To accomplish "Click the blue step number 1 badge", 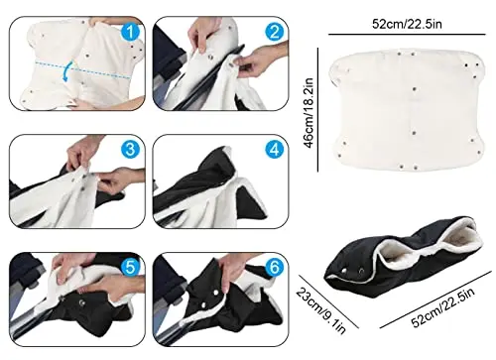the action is [131, 33].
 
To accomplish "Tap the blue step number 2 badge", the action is [275, 32].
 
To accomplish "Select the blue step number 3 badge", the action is [131, 149].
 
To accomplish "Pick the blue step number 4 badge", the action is [275, 150].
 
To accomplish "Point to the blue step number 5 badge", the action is [131, 267].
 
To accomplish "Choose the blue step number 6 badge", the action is [275, 267].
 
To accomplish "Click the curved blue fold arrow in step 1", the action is [66, 71].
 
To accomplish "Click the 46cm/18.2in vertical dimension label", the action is [309, 113].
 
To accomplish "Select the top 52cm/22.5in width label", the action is [407, 24].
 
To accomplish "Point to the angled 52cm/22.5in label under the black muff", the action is [443, 306].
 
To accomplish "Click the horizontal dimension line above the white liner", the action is [407, 34].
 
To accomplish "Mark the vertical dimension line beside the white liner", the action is [318, 110].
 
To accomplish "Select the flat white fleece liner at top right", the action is [407, 111].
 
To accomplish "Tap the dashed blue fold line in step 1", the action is [82, 69].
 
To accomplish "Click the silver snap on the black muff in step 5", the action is [81, 302].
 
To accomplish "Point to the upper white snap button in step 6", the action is [215, 293].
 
